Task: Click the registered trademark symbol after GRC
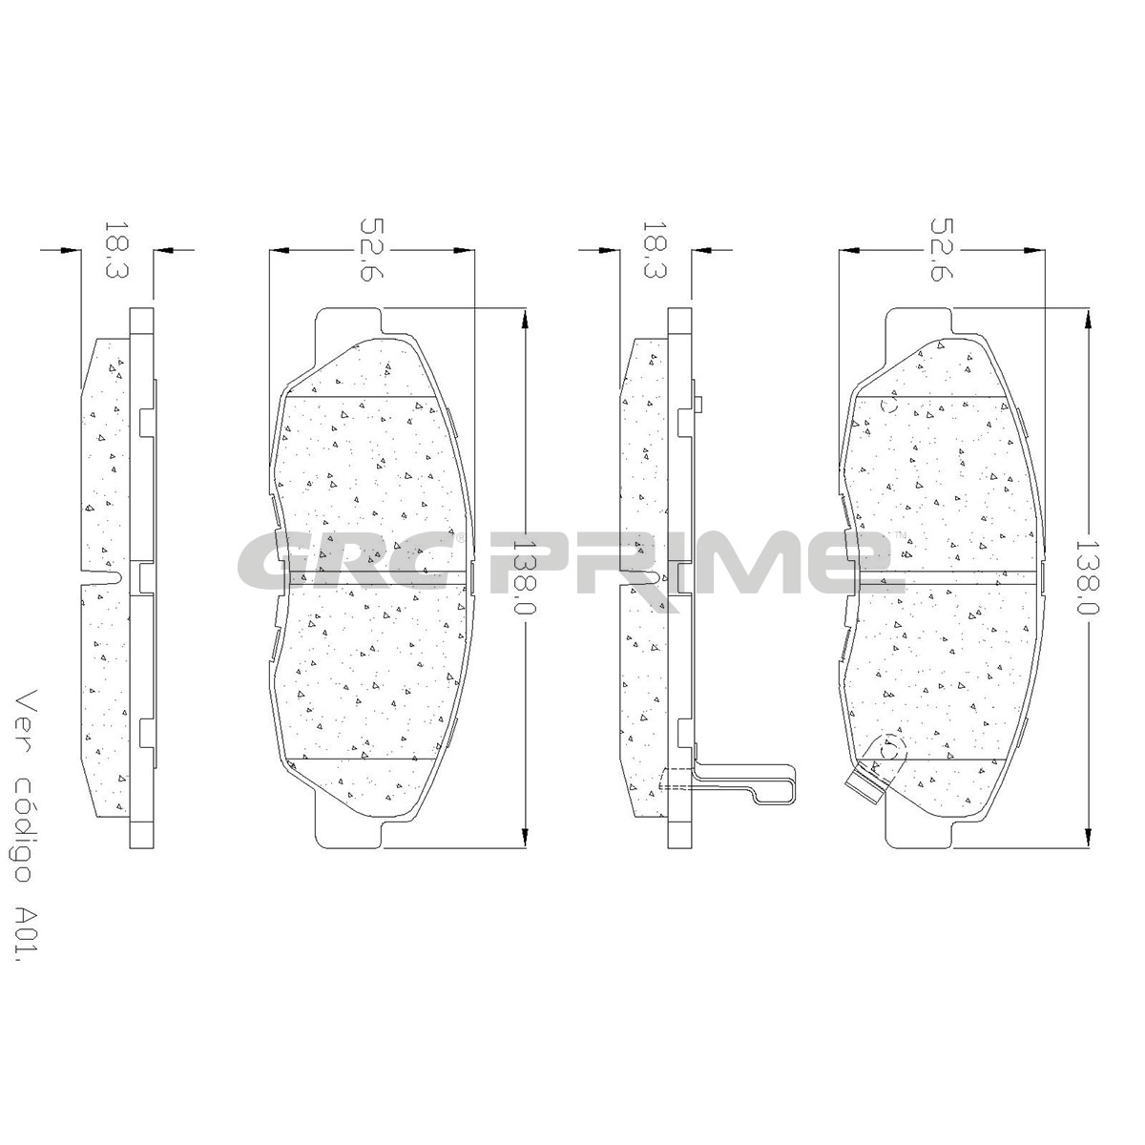461,535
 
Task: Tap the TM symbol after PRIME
900,534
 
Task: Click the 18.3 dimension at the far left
116,250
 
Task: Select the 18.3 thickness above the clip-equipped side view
655,250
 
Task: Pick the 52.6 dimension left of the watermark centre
372,250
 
